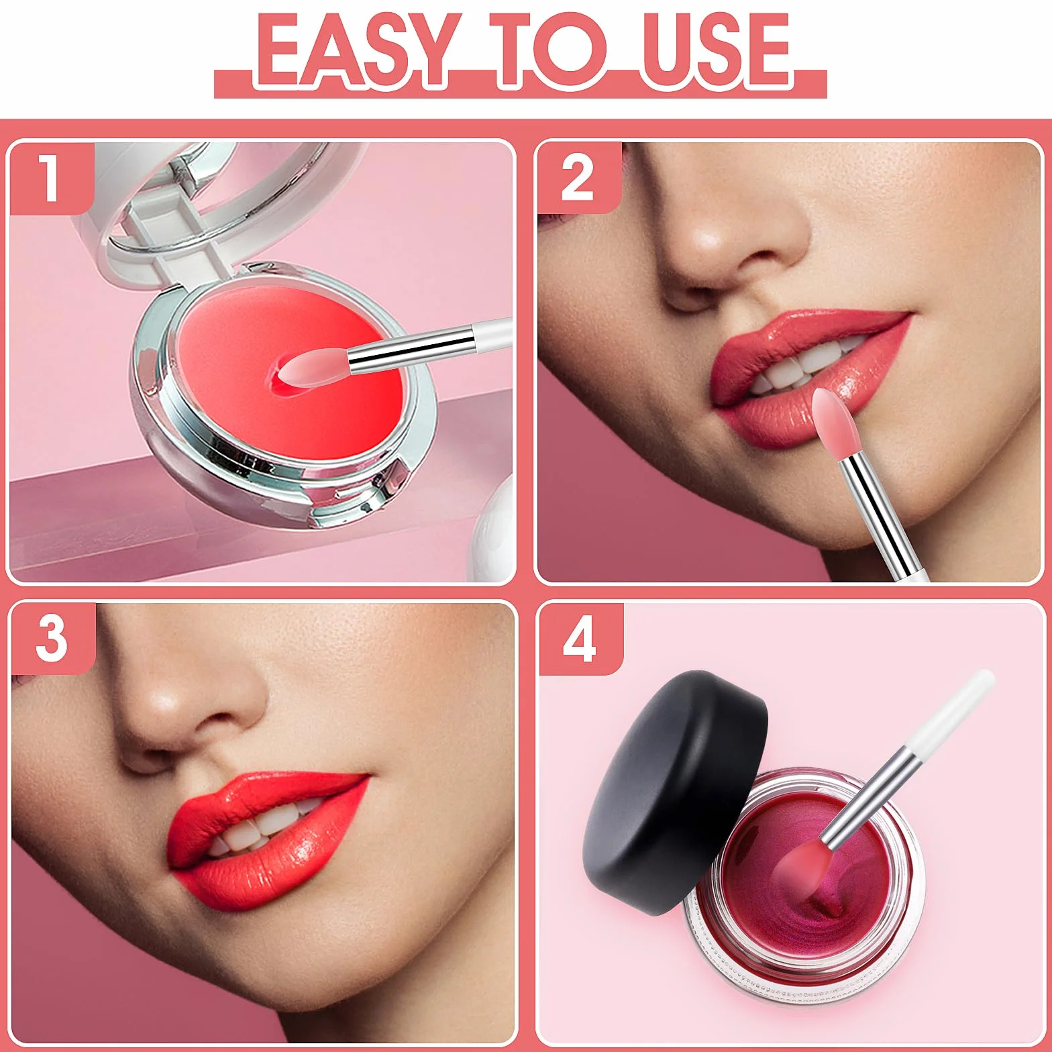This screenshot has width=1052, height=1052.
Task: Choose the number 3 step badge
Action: point(52,638)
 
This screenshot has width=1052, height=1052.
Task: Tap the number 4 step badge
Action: point(579,638)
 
